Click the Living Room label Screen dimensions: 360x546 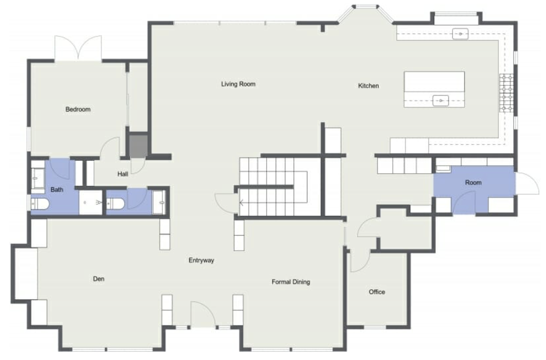point(238,84)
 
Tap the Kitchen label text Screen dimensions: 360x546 point(368,86)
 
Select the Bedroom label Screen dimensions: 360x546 point(78,109)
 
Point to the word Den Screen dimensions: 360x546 point(98,279)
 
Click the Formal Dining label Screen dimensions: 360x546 point(291,282)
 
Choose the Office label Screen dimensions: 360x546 point(376,292)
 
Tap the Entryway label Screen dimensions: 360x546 point(201,260)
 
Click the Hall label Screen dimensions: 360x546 point(123,174)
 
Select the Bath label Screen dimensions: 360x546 point(57,189)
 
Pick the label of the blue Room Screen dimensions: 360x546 point(473,182)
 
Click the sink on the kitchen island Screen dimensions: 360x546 point(441,101)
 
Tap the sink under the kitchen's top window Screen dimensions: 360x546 point(460,34)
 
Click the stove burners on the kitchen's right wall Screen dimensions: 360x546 point(507,93)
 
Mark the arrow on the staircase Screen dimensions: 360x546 point(241,203)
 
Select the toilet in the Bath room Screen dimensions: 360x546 point(39,203)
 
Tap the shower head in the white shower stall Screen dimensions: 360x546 point(98,203)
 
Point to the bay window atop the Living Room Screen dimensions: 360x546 point(365,12)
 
